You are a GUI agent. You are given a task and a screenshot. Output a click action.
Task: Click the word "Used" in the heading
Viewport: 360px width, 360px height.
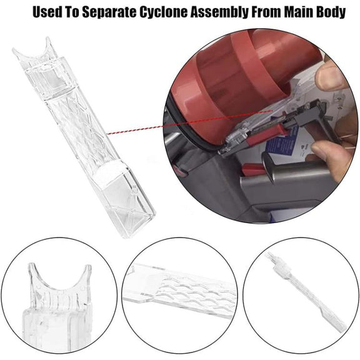click(x=47, y=12)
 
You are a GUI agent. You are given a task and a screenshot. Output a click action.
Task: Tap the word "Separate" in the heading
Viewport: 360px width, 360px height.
click(x=109, y=12)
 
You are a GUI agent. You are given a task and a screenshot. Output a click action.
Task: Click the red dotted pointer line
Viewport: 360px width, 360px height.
click(x=189, y=122)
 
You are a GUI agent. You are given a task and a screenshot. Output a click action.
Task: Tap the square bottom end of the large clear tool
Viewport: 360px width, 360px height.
click(x=129, y=207)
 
